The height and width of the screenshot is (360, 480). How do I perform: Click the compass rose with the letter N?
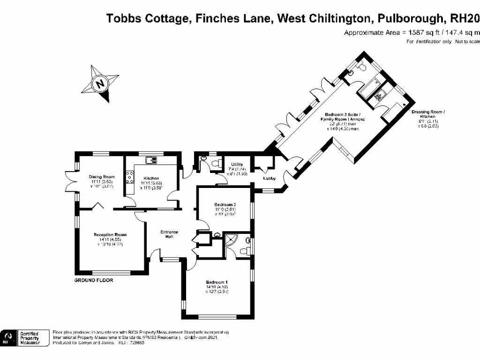pyautogui.click(x=100, y=84)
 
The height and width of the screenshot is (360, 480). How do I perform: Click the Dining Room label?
pyautogui.click(x=102, y=177)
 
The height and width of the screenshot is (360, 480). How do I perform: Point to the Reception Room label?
pyautogui.click(x=110, y=235)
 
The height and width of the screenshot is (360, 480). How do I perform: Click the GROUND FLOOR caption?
pyautogui.click(x=94, y=280)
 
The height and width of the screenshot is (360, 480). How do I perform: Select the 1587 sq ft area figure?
pyautogui.click(x=412, y=32)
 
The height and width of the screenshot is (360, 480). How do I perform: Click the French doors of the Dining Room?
pyautogui.click(x=70, y=182)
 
